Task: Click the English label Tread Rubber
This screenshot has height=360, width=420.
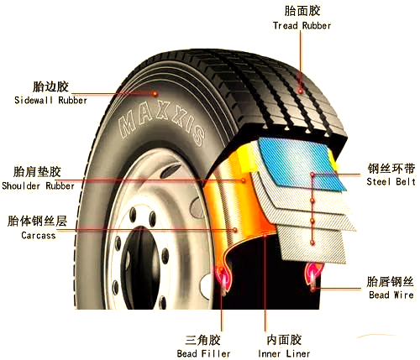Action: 302,26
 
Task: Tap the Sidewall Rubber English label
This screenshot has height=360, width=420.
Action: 50,100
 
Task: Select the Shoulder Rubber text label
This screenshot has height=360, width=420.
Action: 38,185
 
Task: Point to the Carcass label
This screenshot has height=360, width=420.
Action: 39,235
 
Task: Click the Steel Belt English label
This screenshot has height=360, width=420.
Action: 391,181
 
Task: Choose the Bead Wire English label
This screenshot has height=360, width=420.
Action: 391,295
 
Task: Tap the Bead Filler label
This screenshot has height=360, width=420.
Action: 203,353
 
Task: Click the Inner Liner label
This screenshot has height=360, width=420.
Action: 284,353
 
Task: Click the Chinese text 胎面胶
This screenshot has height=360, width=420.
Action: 302,11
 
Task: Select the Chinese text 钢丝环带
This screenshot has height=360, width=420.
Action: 391,169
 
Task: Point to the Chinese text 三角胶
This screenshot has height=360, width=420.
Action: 202,340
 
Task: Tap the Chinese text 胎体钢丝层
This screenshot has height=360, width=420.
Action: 37,221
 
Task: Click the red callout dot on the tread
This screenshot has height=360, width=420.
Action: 301,91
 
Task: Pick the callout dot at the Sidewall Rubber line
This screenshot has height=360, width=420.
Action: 155,94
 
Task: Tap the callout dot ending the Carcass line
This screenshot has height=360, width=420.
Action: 235,230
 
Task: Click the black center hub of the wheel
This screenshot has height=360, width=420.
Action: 140,269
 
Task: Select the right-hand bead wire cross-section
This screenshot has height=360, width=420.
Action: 313,277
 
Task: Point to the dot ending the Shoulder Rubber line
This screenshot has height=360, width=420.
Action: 244,180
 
